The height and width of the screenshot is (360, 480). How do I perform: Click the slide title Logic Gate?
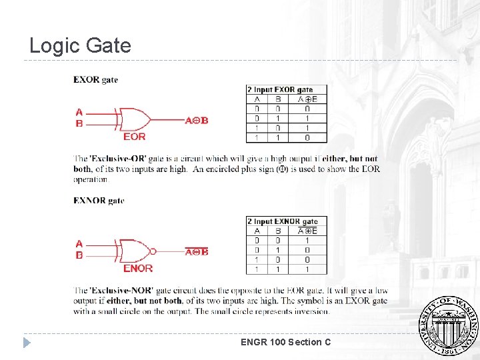(80, 45)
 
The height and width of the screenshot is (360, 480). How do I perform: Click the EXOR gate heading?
(95, 79)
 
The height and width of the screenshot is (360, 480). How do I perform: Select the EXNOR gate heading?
(99, 200)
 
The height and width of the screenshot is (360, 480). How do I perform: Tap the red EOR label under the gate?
(134, 137)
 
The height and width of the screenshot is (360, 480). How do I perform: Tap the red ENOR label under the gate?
(137, 268)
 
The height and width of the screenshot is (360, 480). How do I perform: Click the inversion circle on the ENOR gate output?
(153, 251)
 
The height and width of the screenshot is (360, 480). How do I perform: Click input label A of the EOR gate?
(79, 112)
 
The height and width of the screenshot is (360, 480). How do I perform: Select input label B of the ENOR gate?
(79, 255)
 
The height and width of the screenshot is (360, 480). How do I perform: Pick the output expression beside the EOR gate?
(197, 121)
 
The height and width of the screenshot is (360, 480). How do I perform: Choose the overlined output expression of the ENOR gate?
(197, 251)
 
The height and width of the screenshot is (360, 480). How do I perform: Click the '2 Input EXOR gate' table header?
(280, 89)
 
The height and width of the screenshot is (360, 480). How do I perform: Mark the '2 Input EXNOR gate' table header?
(283, 221)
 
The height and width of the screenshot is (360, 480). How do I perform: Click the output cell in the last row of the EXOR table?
(307, 138)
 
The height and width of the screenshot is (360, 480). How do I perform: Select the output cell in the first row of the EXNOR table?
(307, 240)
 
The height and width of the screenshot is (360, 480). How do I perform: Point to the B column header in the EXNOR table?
(278, 231)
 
